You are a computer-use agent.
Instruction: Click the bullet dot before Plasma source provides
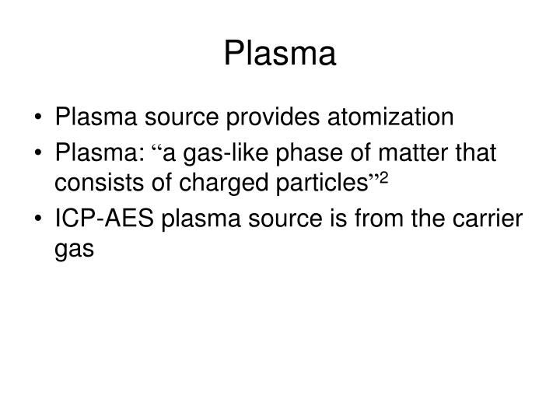tap(40, 118)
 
